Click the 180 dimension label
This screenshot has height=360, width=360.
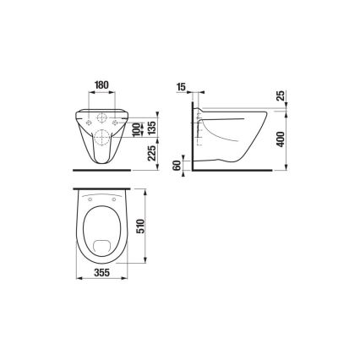click(101, 85)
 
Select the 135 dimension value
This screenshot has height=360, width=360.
click(150, 127)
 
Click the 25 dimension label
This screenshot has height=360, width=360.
click(280, 95)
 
